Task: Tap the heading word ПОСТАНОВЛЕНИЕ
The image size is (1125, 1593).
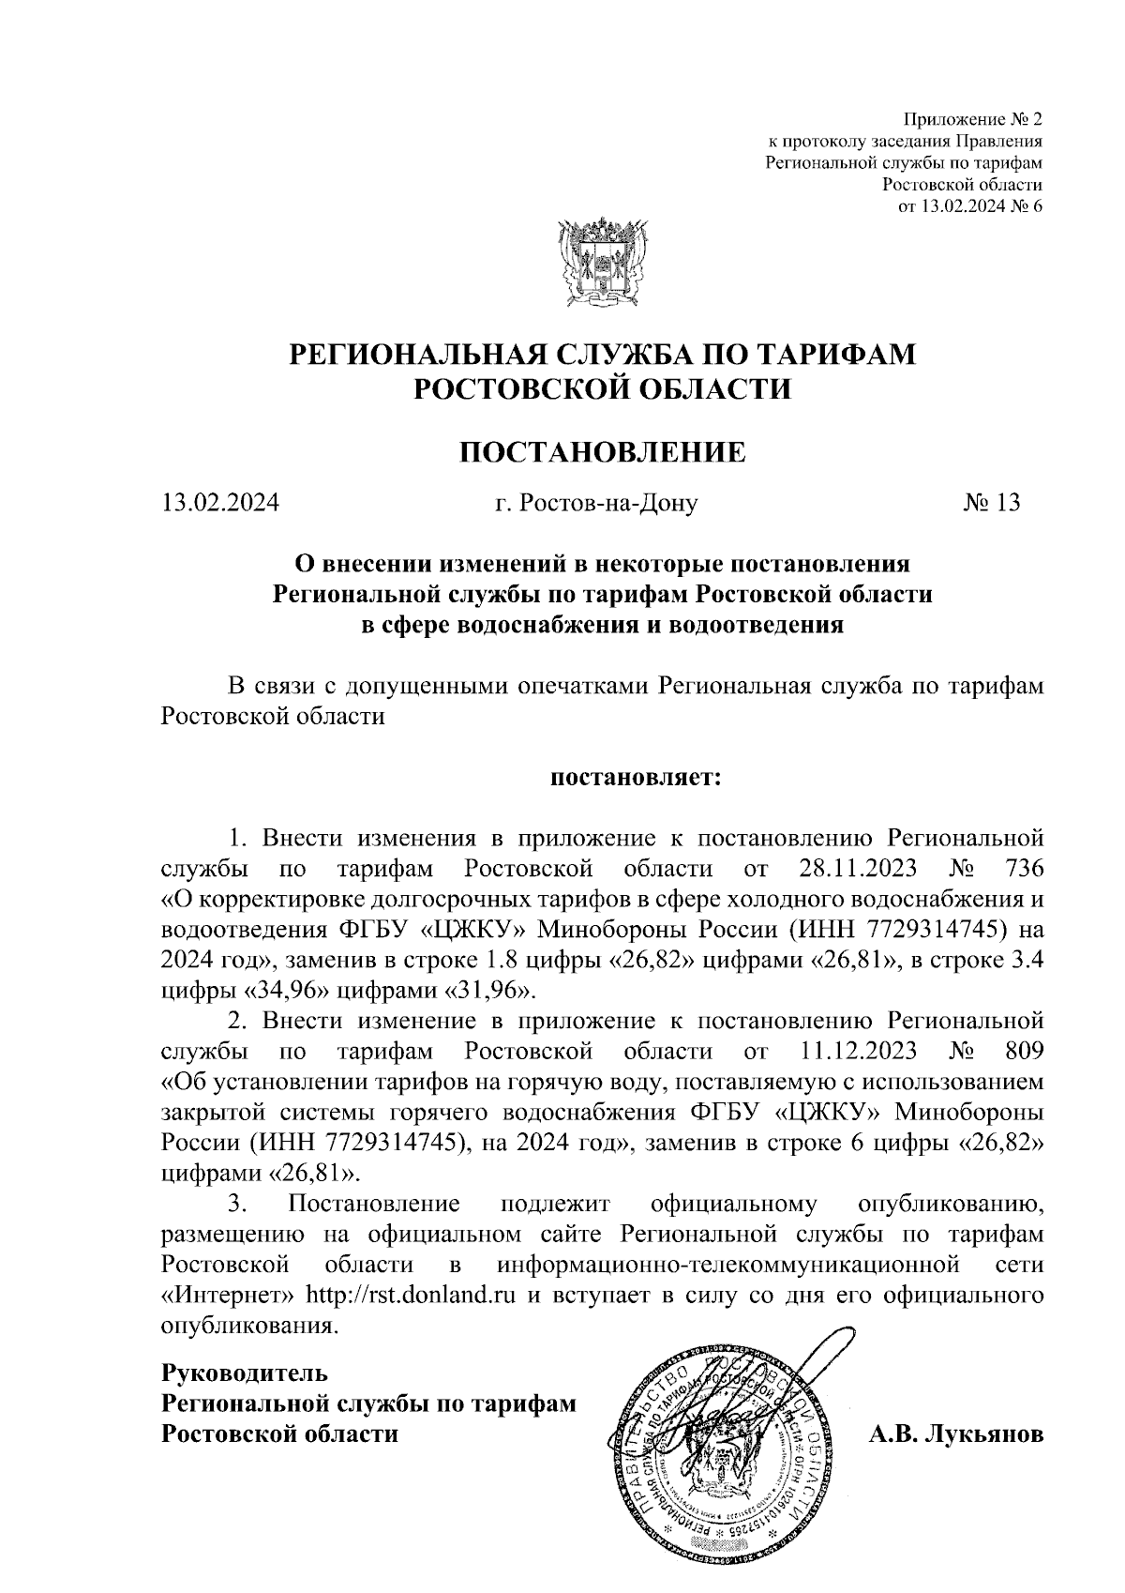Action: pos(602,452)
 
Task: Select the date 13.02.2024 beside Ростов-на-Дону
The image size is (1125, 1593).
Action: pos(220,504)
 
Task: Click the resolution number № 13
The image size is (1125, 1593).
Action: pos(992,504)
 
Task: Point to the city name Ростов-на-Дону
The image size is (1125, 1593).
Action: pos(597,504)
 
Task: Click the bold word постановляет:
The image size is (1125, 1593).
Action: pos(633,778)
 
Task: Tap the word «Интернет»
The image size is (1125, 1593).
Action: pos(230,1296)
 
